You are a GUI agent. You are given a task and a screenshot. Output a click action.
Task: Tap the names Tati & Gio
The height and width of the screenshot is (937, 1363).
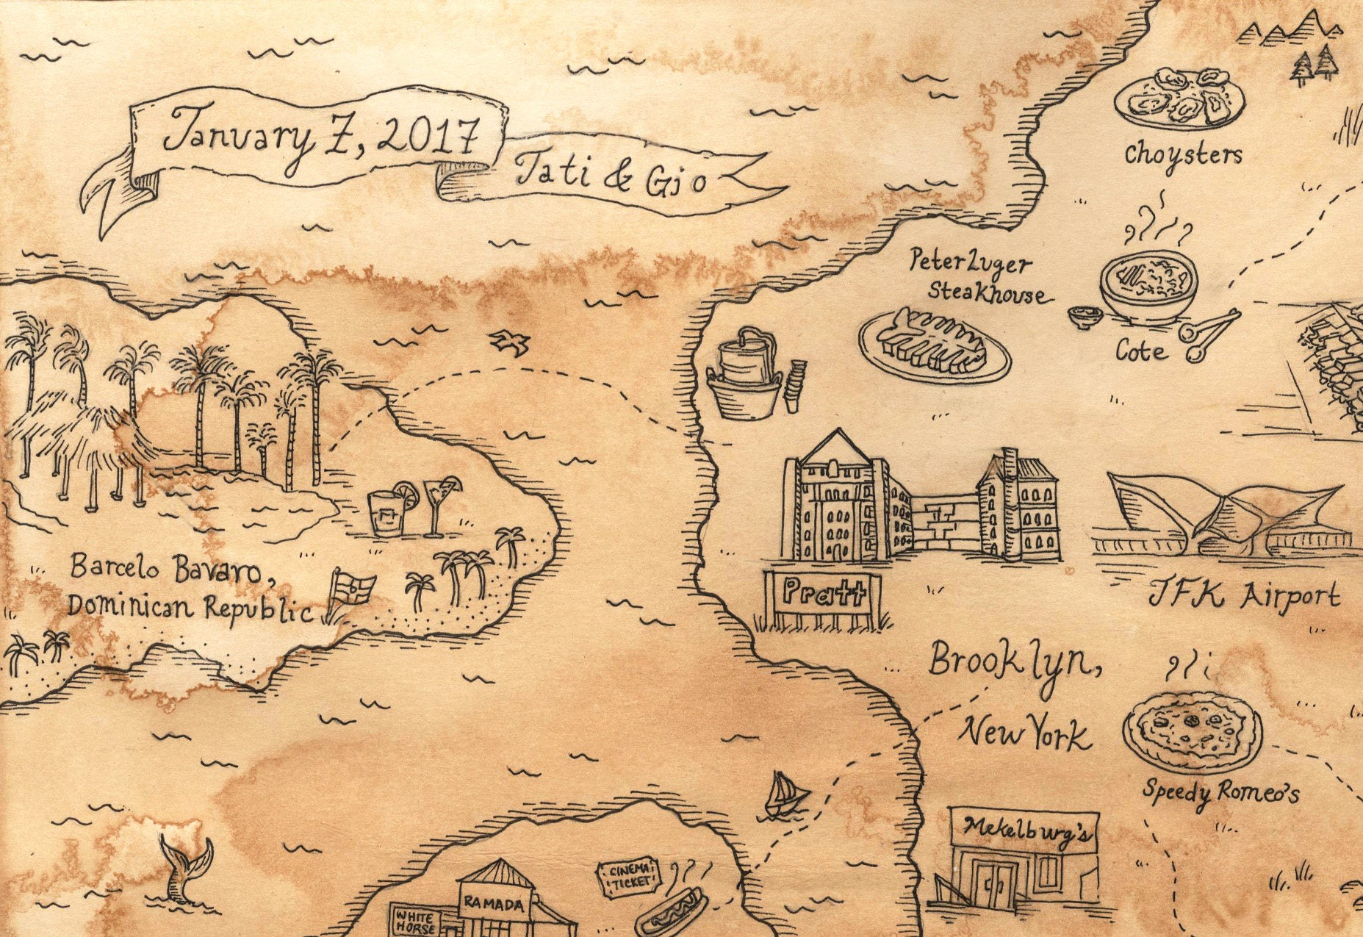point(611,177)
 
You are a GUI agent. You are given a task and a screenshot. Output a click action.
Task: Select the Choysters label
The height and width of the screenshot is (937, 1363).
point(1183,154)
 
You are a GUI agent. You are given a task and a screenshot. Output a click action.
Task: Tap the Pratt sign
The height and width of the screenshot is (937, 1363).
point(821,592)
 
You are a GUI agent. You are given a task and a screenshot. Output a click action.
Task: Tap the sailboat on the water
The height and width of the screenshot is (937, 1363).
point(786,796)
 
